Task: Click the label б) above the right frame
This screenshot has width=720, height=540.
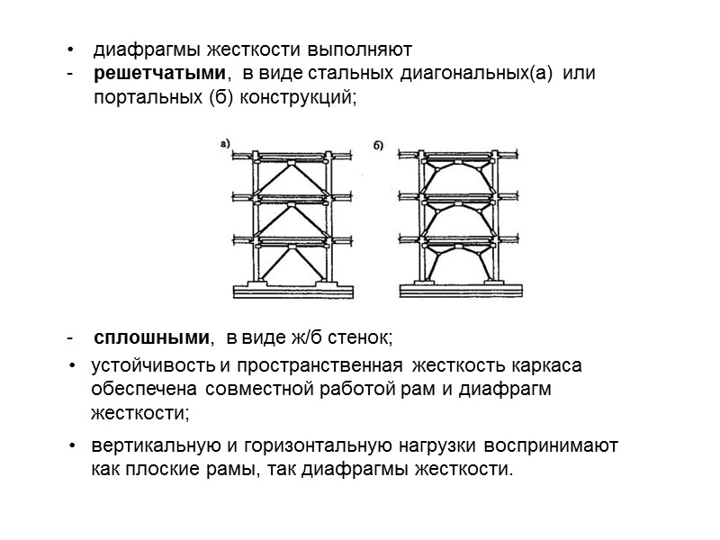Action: click(x=379, y=143)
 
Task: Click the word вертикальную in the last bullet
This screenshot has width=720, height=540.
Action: click(x=149, y=445)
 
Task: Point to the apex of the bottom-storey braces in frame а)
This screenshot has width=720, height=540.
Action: click(x=294, y=248)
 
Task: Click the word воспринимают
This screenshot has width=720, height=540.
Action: click(x=551, y=445)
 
